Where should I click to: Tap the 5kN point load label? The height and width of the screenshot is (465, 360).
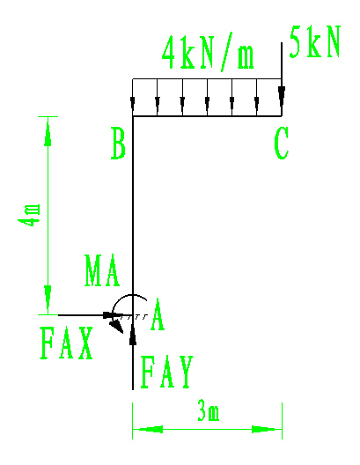[x=315, y=41]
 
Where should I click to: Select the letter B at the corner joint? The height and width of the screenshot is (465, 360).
[x=118, y=144]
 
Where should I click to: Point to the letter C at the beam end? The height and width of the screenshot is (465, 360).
[x=281, y=144]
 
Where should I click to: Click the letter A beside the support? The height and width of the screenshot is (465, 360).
[x=158, y=314]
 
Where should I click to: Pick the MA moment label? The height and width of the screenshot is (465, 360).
[x=102, y=270]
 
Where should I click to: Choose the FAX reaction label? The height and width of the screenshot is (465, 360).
[x=66, y=343]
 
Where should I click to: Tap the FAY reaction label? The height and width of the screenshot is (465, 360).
[x=167, y=372]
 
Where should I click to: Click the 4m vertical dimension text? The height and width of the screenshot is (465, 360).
[x=29, y=215]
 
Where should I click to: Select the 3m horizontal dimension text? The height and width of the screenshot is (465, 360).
[x=209, y=410]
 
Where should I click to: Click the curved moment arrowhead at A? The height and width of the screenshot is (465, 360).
[x=116, y=326]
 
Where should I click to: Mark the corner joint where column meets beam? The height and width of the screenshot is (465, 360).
[x=133, y=116]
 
